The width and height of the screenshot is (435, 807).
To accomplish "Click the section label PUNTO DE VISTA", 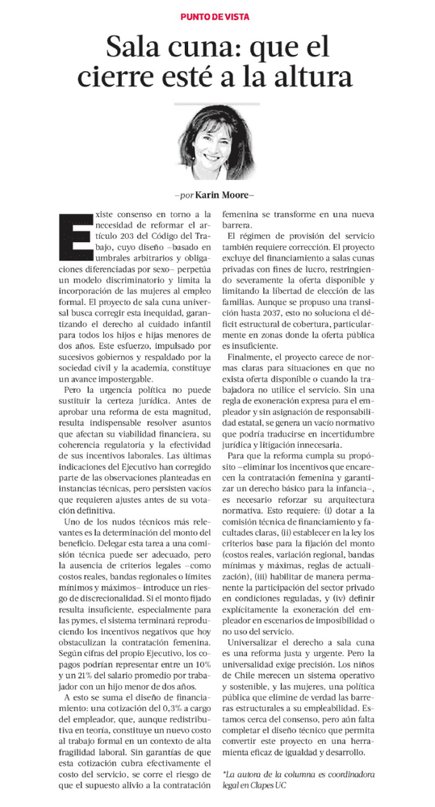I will coord(217,16).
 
